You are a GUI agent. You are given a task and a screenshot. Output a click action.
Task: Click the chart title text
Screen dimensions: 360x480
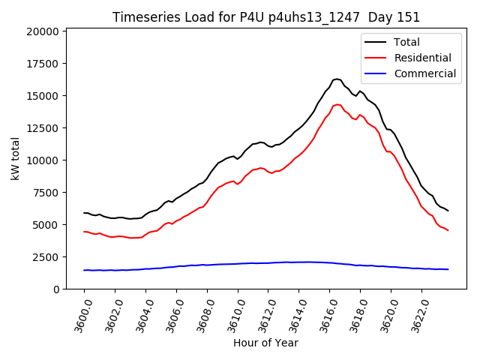tap(266, 17)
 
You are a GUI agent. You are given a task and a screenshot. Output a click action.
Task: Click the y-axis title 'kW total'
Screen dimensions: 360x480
tap(16, 158)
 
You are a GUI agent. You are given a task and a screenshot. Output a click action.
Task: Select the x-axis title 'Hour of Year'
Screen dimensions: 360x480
tap(265, 343)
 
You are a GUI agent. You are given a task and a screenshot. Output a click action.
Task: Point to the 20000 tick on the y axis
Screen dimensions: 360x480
tap(43, 31)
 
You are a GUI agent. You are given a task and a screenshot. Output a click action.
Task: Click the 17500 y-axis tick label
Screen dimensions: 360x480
tap(43, 64)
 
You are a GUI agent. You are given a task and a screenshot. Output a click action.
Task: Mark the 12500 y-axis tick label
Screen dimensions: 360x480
tap(43, 128)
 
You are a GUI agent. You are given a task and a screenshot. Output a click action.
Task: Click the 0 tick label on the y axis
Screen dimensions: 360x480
tap(55, 289)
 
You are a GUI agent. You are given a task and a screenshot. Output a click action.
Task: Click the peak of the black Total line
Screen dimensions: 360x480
tap(337, 79)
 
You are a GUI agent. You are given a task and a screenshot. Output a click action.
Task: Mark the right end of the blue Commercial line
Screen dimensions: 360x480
tap(448, 269)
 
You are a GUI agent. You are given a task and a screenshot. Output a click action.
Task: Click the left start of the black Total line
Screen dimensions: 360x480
tap(84, 213)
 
